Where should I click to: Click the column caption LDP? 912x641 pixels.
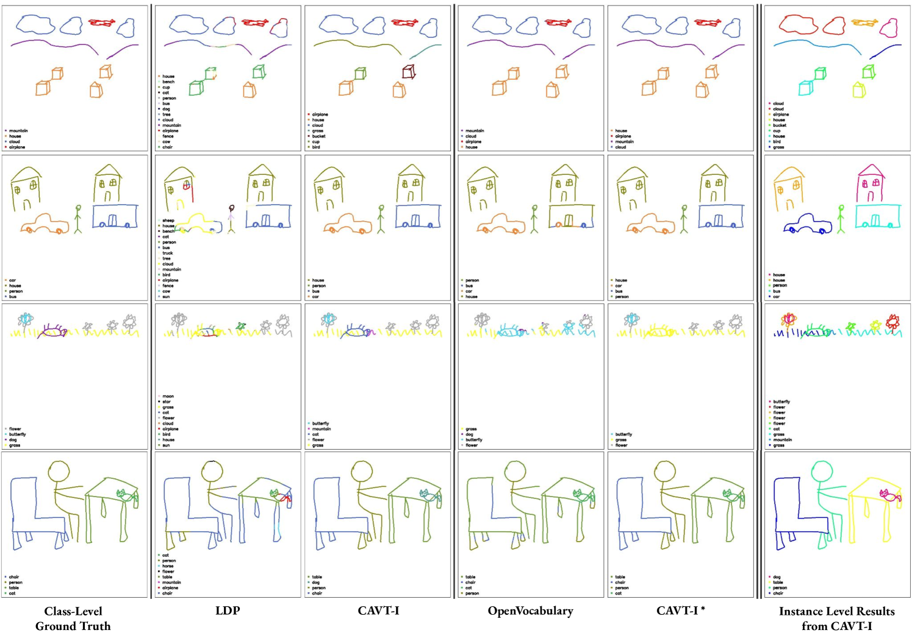click(228, 611)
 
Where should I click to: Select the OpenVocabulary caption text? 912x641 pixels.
click(530, 611)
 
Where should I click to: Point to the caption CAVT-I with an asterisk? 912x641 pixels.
click(680, 611)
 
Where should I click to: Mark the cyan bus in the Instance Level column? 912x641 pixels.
click(877, 216)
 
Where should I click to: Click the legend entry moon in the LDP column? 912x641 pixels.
click(168, 396)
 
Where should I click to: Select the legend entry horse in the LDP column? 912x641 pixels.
click(168, 566)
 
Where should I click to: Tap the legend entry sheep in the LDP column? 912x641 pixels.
click(168, 221)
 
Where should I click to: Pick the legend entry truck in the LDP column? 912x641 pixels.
click(168, 253)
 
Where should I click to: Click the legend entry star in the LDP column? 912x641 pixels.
click(167, 402)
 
